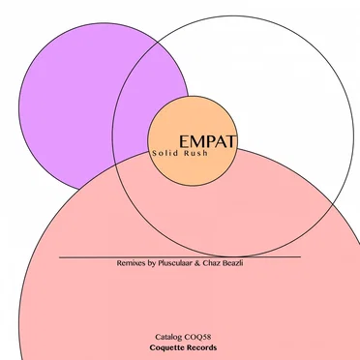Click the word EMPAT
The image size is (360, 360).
(x=208, y=141)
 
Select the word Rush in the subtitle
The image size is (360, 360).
(x=195, y=153)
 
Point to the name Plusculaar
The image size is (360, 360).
(x=175, y=263)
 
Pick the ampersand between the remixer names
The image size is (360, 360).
(x=197, y=263)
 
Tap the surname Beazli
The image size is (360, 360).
(x=232, y=263)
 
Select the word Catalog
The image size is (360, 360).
(x=168, y=338)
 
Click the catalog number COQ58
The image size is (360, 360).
(x=197, y=338)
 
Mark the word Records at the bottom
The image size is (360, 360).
(x=201, y=347)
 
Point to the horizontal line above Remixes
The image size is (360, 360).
(x=180, y=257)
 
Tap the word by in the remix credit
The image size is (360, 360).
(x=152, y=263)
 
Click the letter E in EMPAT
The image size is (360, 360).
(x=183, y=141)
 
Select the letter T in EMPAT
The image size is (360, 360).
(x=232, y=141)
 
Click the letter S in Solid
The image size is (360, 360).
(x=154, y=153)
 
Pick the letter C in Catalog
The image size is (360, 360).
(x=158, y=338)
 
